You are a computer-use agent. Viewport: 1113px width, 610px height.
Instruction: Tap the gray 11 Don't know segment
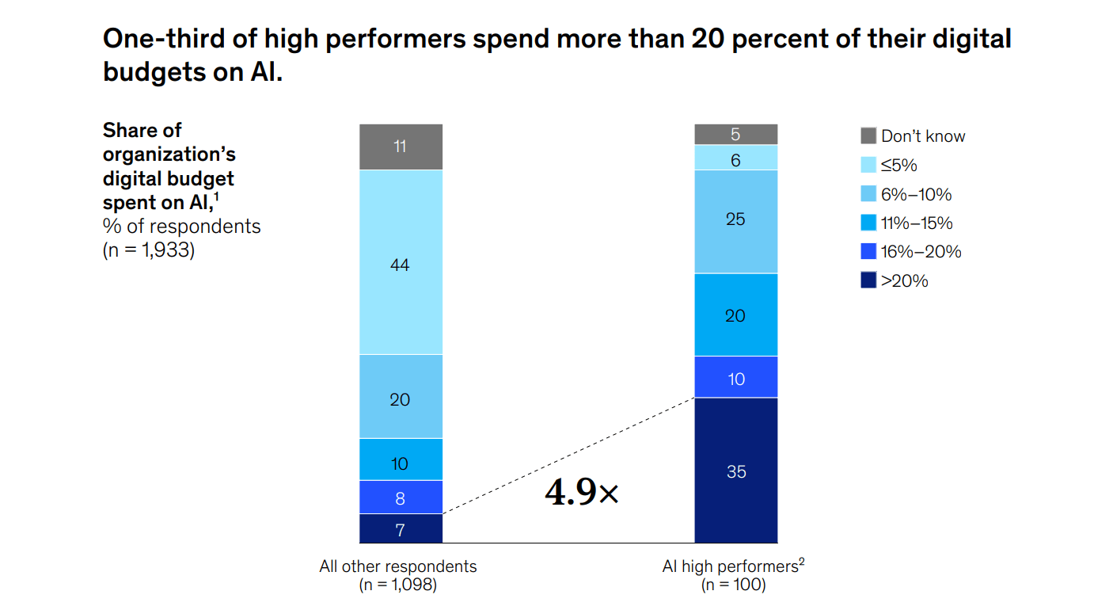[x=401, y=147]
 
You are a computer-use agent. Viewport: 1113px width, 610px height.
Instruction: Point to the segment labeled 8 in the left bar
[x=401, y=497]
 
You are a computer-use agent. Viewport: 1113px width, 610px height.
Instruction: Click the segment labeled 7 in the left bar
[x=401, y=528]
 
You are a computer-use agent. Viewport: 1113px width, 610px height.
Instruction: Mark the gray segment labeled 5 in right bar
[x=735, y=135]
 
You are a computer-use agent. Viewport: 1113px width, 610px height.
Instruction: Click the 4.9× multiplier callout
[x=582, y=493]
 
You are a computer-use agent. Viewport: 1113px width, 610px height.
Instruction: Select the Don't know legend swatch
[x=868, y=136]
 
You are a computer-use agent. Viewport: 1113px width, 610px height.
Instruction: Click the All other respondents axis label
[x=398, y=566]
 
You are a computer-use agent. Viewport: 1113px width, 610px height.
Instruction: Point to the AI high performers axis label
[x=732, y=566]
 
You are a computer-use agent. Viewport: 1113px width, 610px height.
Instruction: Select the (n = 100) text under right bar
[x=734, y=585]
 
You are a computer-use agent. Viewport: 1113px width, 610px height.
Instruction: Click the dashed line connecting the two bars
[x=568, y=456]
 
